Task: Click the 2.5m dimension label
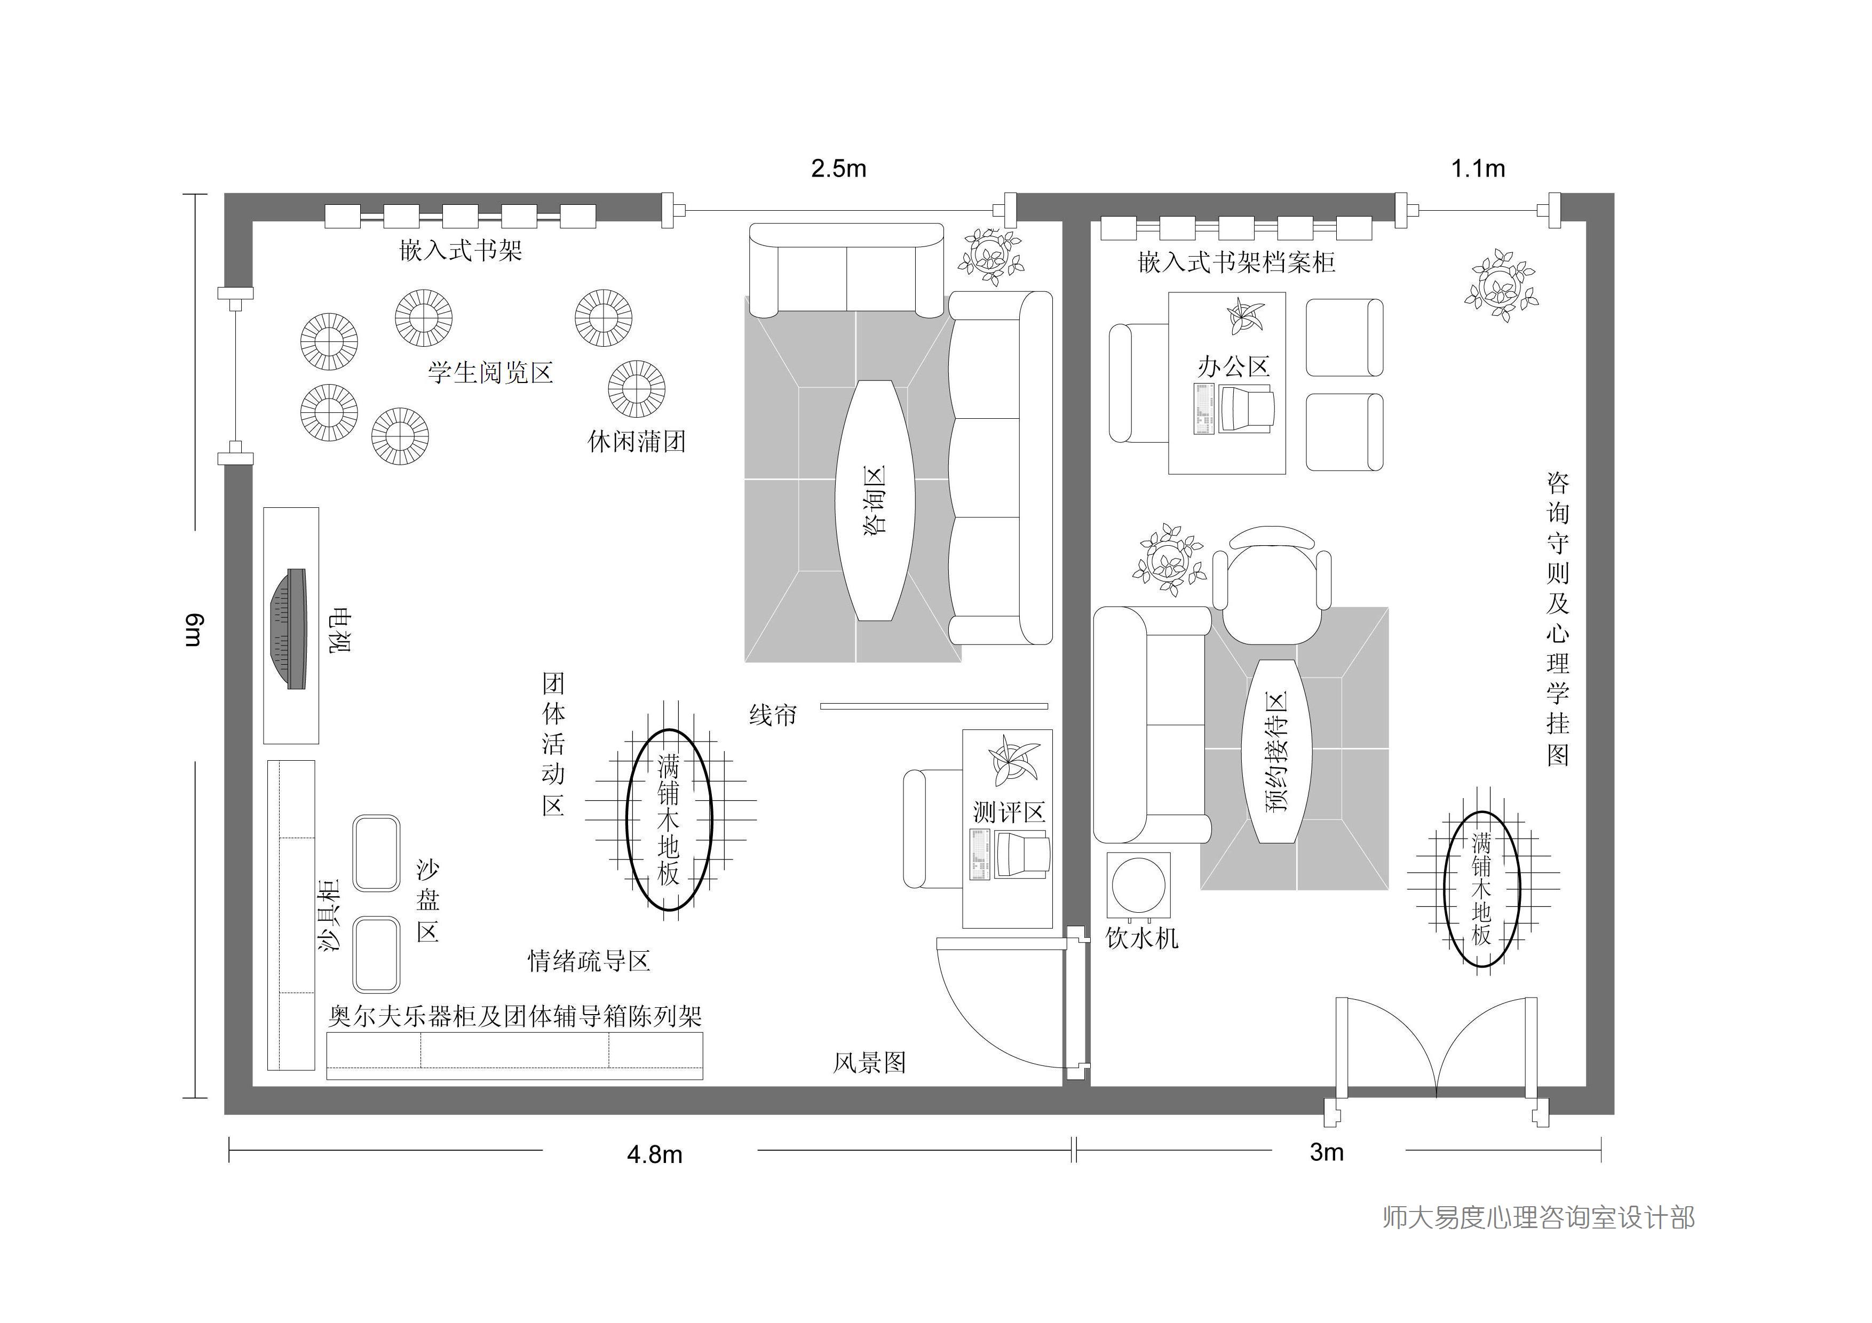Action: [x=838, y=169]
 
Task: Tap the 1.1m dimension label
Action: [x=1478, y=169]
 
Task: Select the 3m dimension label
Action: [x=1327, y=1152]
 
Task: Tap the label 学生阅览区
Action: [x=491, y=372]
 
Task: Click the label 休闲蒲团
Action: [x=636, y=441]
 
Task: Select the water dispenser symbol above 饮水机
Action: [x=1138, y=884]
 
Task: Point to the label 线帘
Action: [x=773, y=715]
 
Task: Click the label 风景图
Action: [x=869, y=1062]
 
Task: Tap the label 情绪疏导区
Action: [x=589, y=961]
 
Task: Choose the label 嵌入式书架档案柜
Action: [x=1236, y=261]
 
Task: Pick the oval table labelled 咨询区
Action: [x=875, y=500]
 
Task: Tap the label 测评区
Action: [x=1009, y=812]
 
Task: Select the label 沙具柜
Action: [x=329, y=914]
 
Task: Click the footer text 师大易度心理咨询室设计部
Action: [x=1538, y=1217]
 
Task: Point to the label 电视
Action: [x=339, y=629]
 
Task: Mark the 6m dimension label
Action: [x=193, y=630]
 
